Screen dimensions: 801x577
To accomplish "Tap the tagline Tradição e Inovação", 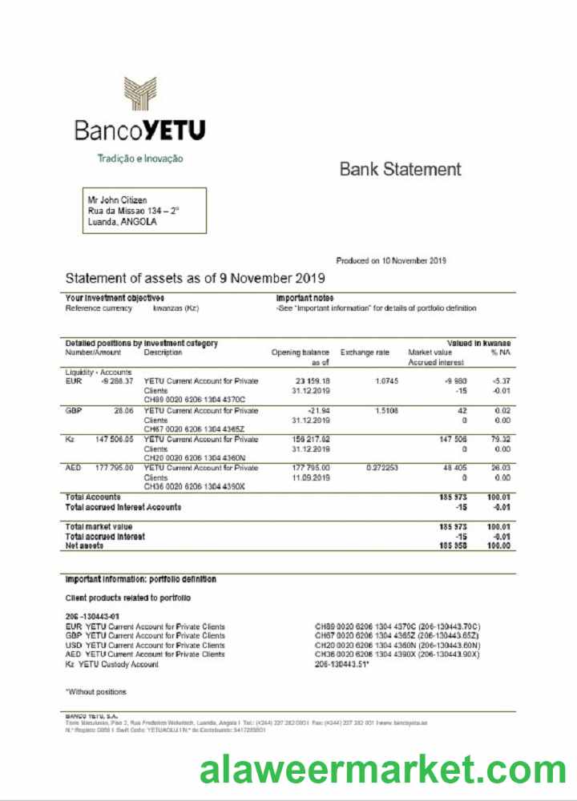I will (139, 159).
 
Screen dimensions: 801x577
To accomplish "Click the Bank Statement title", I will (400, 169).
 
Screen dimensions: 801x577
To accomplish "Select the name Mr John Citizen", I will (117, 199).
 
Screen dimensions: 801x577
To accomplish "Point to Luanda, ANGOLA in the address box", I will (122, 222).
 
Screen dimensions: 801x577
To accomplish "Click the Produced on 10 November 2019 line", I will (390, 260).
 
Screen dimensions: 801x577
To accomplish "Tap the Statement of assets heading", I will (195, 278).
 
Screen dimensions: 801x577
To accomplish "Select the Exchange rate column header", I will (365, 352).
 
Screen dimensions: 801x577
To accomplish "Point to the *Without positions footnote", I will (95, 691).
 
